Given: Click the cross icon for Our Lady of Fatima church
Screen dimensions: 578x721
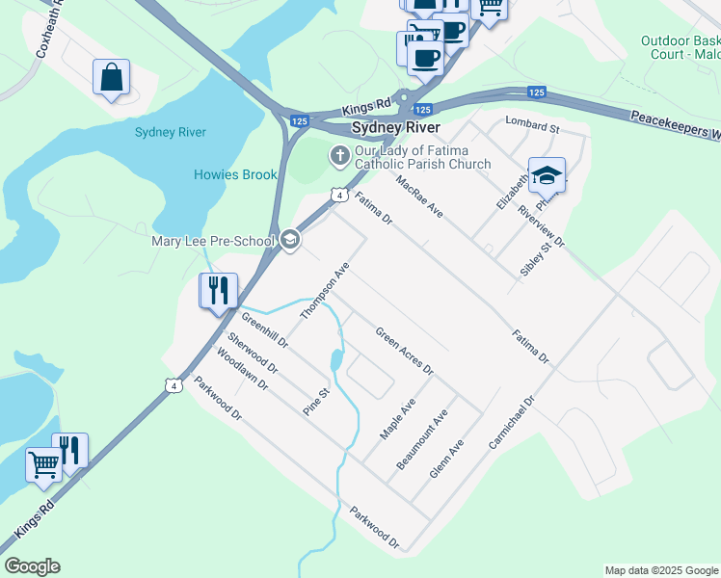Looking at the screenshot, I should (x=339, y=154).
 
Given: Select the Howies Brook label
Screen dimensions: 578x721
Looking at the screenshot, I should (x=235, y=174).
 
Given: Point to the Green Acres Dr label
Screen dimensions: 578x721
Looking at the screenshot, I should (x=404, y=352).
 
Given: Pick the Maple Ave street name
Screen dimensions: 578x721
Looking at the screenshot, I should (x=396, y=419).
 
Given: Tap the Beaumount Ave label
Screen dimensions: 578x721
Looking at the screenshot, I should (x=422, y=439).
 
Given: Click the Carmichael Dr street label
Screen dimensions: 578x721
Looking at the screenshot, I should (x=511, y=421).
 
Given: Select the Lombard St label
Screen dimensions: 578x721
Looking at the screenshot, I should (x=532, y=127).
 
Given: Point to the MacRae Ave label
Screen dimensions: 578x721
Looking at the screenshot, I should (x=418, y=196).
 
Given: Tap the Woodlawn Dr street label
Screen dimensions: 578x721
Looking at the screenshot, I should (x=242, y=368).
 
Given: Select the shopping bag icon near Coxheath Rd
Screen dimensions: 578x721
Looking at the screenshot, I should (x=112, y=76).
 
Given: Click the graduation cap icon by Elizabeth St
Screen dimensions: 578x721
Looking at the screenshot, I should (x=547, y=174).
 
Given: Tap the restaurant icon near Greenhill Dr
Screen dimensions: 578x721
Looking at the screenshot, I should (x=218, y=289).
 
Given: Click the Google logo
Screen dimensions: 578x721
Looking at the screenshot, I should (x=32, y=566).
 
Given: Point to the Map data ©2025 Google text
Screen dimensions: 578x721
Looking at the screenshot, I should (x=660, y=570).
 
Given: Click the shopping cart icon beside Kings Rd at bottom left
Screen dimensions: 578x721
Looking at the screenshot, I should (x=43, y=464).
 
